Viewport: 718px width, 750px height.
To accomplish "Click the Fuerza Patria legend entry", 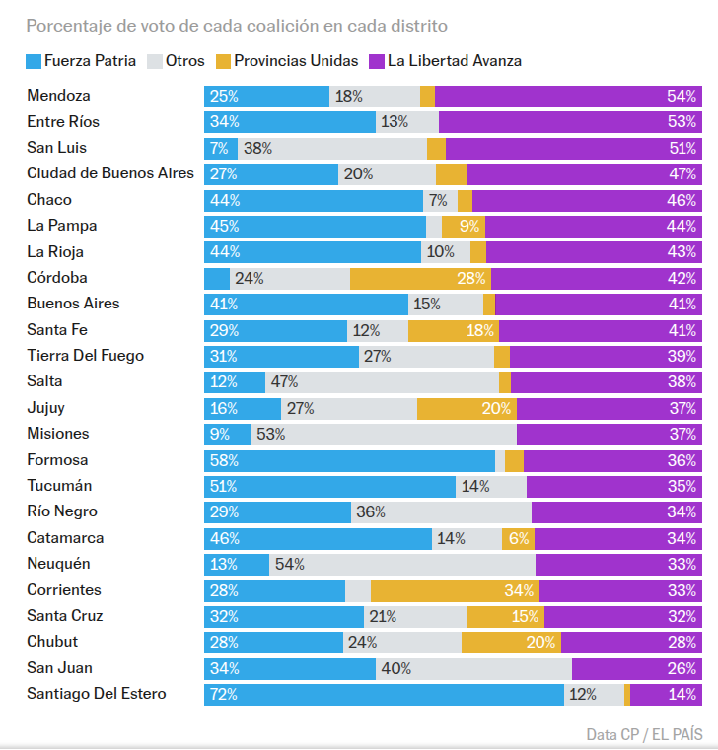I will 82,61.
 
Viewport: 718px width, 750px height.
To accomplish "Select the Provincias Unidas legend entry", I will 286,61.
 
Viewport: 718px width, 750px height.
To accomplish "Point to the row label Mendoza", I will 59,97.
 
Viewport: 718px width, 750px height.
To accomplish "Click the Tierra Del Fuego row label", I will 85,356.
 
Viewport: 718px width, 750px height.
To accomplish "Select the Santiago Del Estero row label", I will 97,694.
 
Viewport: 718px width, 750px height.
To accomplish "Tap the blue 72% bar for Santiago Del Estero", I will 384,694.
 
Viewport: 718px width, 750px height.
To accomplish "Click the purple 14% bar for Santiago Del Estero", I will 666,694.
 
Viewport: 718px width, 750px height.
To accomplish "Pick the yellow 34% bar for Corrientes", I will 455,590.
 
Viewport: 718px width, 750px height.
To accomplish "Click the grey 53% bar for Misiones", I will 384,434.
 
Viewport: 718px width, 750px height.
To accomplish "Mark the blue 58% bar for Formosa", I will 349,460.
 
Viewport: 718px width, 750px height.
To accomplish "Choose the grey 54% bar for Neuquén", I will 402,564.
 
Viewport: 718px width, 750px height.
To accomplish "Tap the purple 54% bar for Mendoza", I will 568,97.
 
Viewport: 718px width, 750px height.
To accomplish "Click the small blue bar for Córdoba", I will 217,278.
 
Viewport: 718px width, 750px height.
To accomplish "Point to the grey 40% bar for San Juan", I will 473,668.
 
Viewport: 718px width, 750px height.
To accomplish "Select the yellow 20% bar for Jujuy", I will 467,408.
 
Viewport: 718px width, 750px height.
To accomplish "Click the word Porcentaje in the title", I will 67,25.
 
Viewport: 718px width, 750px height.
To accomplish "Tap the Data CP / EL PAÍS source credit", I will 643,734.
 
